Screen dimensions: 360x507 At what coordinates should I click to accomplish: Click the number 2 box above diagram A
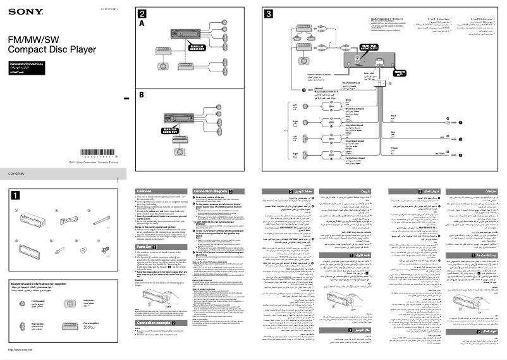pyautogui.click(x=144, y=13)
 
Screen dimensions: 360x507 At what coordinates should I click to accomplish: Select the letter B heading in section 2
pyautogui.click(x=142, y=94)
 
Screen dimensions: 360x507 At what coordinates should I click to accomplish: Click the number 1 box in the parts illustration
pyautogui.click(x=15, y=195)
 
